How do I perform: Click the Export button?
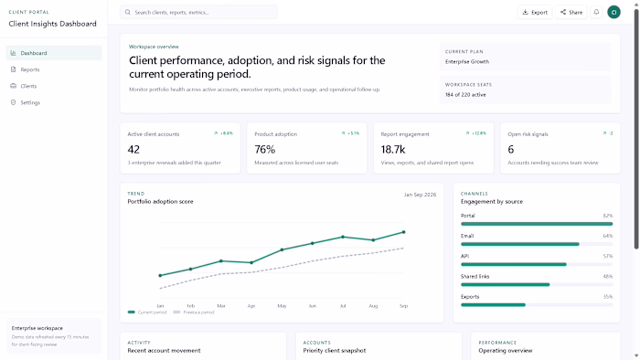(535, 12)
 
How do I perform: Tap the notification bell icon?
(596, 12)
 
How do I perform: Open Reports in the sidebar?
(29, 69)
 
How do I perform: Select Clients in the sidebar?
(28, 86)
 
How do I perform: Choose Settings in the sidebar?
(30, 102)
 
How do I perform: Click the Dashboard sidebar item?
(33, 53)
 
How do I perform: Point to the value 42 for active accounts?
(133, 149)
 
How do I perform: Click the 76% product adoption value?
(264, 149)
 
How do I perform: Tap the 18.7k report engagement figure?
(393, 149)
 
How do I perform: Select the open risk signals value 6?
(510, 149)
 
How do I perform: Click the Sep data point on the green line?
(403, 232)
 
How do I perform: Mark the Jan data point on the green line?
(160, 275)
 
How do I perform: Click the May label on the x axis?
(282, 305)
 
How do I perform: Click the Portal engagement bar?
(536, 225)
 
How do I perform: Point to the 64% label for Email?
(607, 236)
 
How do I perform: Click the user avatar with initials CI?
(613, 12)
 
